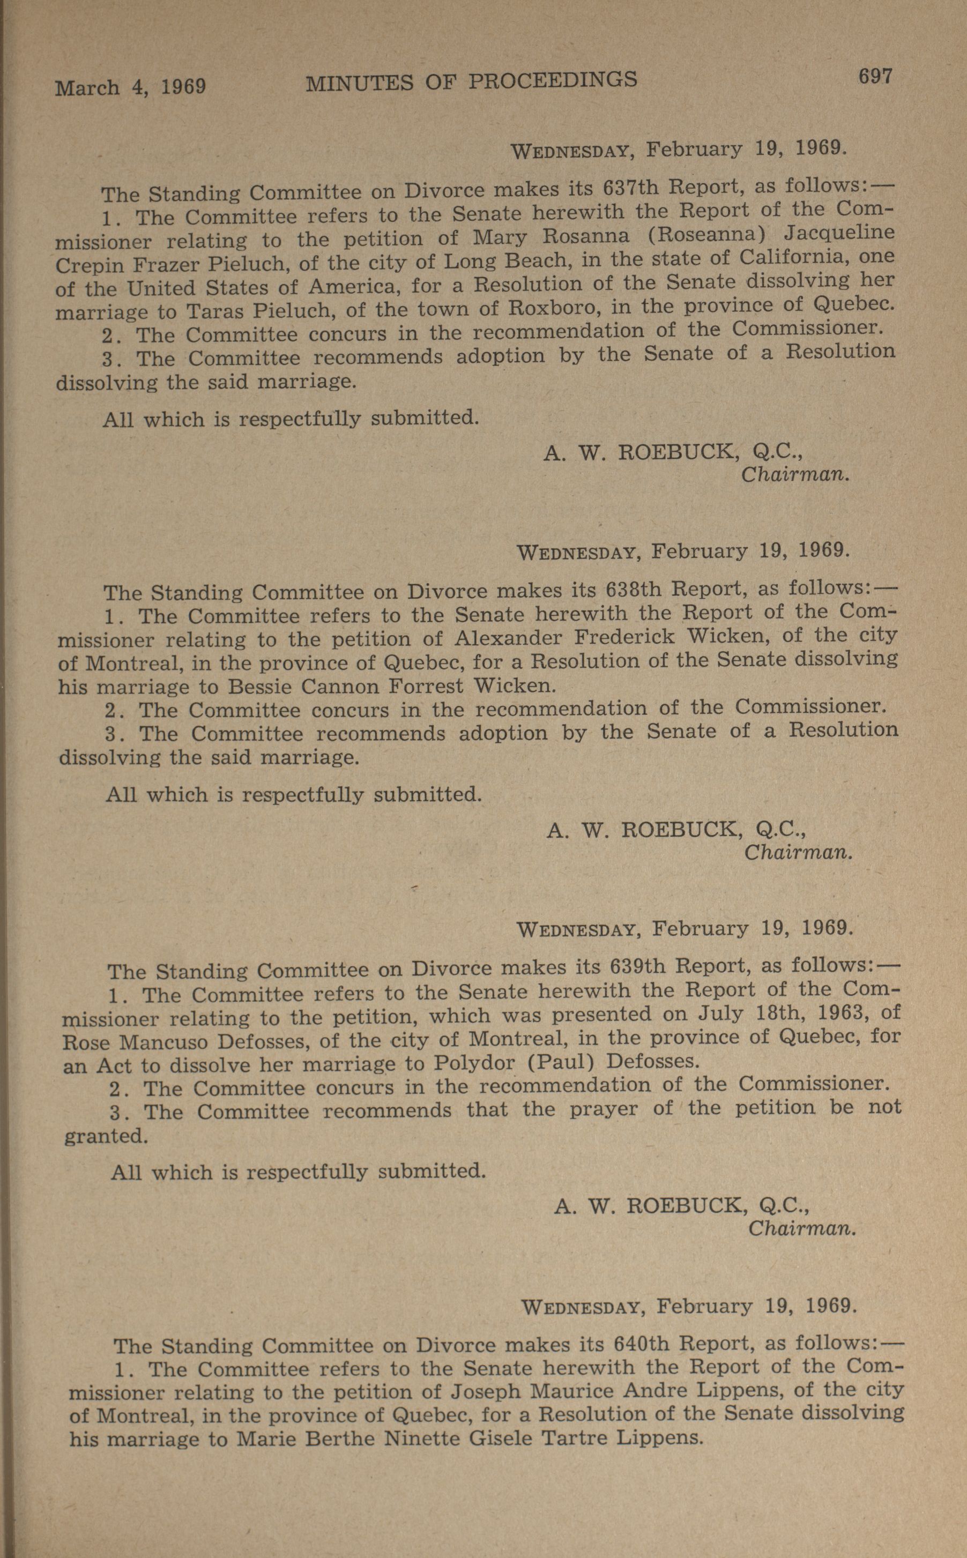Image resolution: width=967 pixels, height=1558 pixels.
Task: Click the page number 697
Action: tap(874, 77)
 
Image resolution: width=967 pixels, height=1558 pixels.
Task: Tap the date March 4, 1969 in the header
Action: tap(130, 86)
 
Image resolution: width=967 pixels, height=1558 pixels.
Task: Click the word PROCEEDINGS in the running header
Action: tap(553, 80)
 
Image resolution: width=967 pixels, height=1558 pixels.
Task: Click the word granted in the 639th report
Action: tap(106, 1135)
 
